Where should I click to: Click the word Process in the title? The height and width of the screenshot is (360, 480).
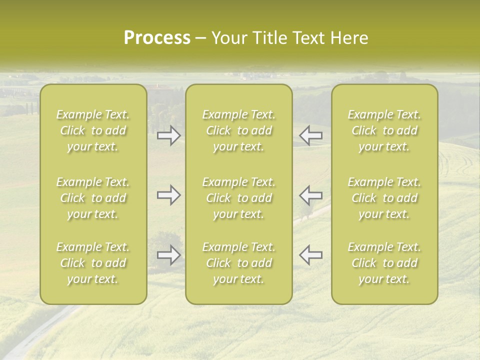[157, 38]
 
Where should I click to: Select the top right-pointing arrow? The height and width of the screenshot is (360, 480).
[169, 135]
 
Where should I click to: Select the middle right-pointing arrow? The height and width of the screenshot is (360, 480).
[169, 195]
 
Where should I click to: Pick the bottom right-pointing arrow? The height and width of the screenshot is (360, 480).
[169, 255]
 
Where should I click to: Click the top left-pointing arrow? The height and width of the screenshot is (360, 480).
[310, 135]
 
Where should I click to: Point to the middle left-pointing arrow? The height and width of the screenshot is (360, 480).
[310, 195]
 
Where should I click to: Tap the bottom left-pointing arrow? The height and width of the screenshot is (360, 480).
[310, 255]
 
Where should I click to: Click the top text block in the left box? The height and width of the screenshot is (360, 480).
[93, 130]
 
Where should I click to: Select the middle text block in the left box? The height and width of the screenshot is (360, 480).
[93, 198]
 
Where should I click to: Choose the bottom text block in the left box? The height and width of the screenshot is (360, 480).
[93, 263]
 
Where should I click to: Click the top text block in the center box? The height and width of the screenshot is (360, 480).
[238, 130]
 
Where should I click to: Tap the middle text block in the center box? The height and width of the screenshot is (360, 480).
[238, 198]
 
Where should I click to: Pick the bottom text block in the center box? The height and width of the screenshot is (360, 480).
[238, 263]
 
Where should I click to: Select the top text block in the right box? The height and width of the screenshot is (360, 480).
[384, 130]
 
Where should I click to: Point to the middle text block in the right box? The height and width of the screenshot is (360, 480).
[384, 198]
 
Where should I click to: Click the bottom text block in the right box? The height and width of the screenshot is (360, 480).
[384, 263]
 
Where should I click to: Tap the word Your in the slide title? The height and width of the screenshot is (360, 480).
[227, 38]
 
